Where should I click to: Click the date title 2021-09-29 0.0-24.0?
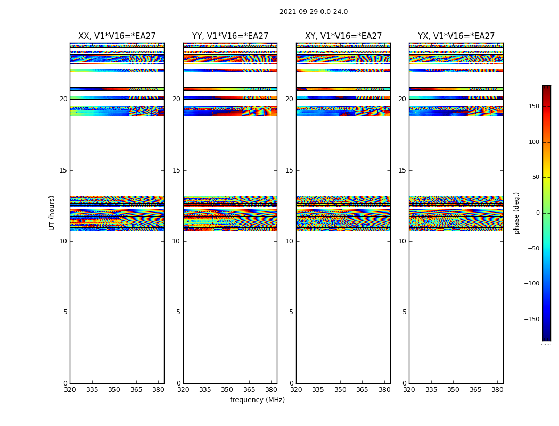click(314, 12)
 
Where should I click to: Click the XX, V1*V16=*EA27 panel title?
click(117, 36)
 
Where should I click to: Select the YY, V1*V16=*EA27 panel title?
click(230, 36)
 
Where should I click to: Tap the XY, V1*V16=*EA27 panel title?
click(343, 36)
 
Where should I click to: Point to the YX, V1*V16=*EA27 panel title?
click(456, 36)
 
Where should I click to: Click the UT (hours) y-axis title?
click(52, 212)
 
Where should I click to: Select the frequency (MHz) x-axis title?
click(257, 400)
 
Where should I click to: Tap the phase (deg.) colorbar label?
click(516, 212)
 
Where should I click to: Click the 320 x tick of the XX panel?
click(70, 390)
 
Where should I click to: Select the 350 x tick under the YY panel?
click(227, 390)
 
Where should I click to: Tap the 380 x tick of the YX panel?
click(497, 390)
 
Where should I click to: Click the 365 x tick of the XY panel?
click(362, 390)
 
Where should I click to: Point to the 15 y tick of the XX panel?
click(63, 170)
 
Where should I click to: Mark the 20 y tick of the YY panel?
click(176, 99)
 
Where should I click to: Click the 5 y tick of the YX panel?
click(404, 312)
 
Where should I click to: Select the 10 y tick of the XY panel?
click(289, 241)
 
